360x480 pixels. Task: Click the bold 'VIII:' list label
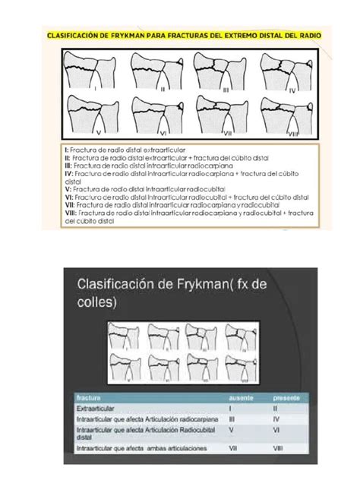71,213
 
